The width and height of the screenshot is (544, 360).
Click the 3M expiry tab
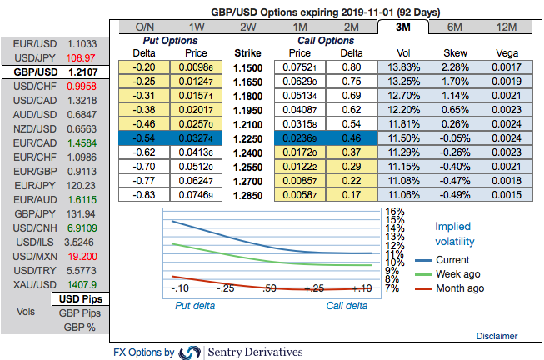(x=403, y=27)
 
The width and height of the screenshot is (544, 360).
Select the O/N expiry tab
(x=145, y=27)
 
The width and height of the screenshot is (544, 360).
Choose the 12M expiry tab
(x=506, y=27)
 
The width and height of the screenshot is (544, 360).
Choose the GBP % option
(x=80, y=327)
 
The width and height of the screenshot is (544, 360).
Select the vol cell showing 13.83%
(x=404, y=67)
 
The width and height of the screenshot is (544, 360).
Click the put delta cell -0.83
(x=147, y=194)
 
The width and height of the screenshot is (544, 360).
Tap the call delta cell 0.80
(x=350, y=67)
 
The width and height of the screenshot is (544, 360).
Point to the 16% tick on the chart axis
(x=395, y=212)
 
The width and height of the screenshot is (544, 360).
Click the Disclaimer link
(x=496, y=335)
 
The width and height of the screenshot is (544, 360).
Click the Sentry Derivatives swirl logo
(x=191, y=352)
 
